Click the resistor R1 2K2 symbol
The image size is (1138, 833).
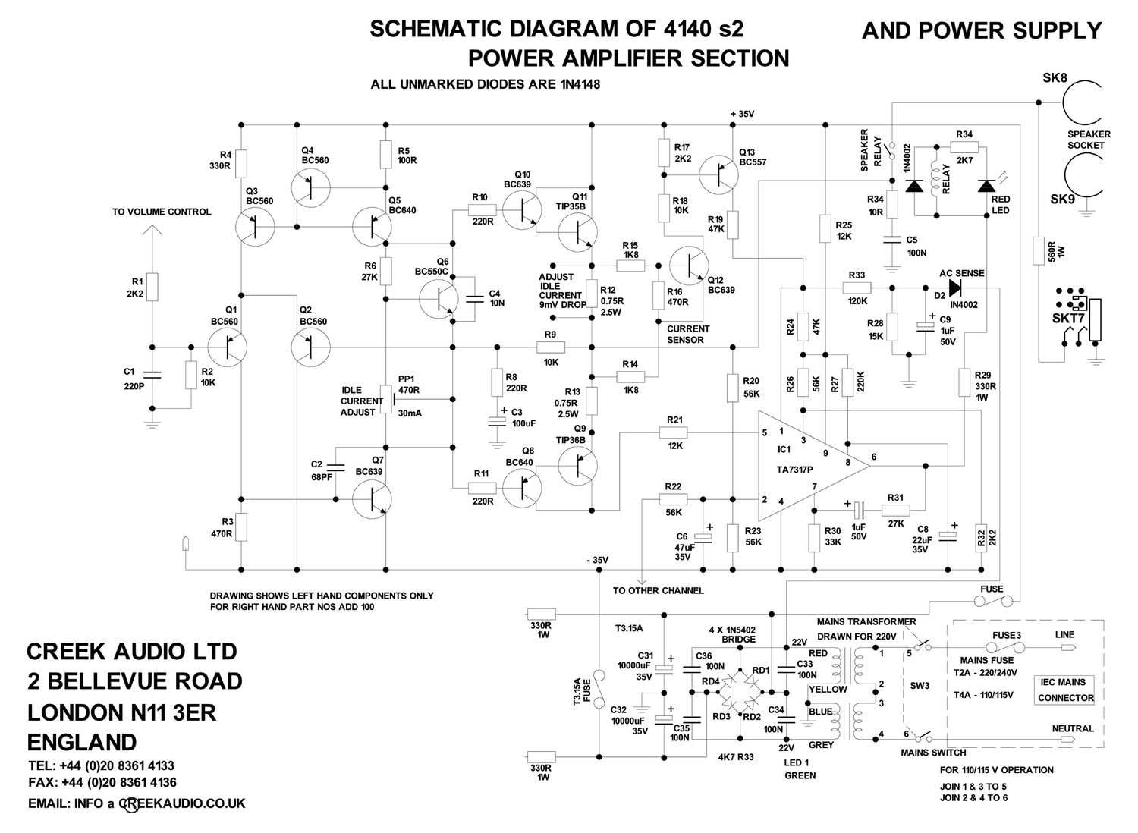[152, 287]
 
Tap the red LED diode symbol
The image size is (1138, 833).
[987, 186]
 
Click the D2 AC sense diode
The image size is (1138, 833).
[952, 288]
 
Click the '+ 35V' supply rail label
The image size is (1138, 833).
[743, 114]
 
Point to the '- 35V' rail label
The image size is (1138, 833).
[597, 560]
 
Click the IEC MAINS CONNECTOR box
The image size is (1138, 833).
[1065, 690]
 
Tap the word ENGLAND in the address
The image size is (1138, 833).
[82, 740]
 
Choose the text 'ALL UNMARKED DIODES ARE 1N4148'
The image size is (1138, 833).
[485, 84]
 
